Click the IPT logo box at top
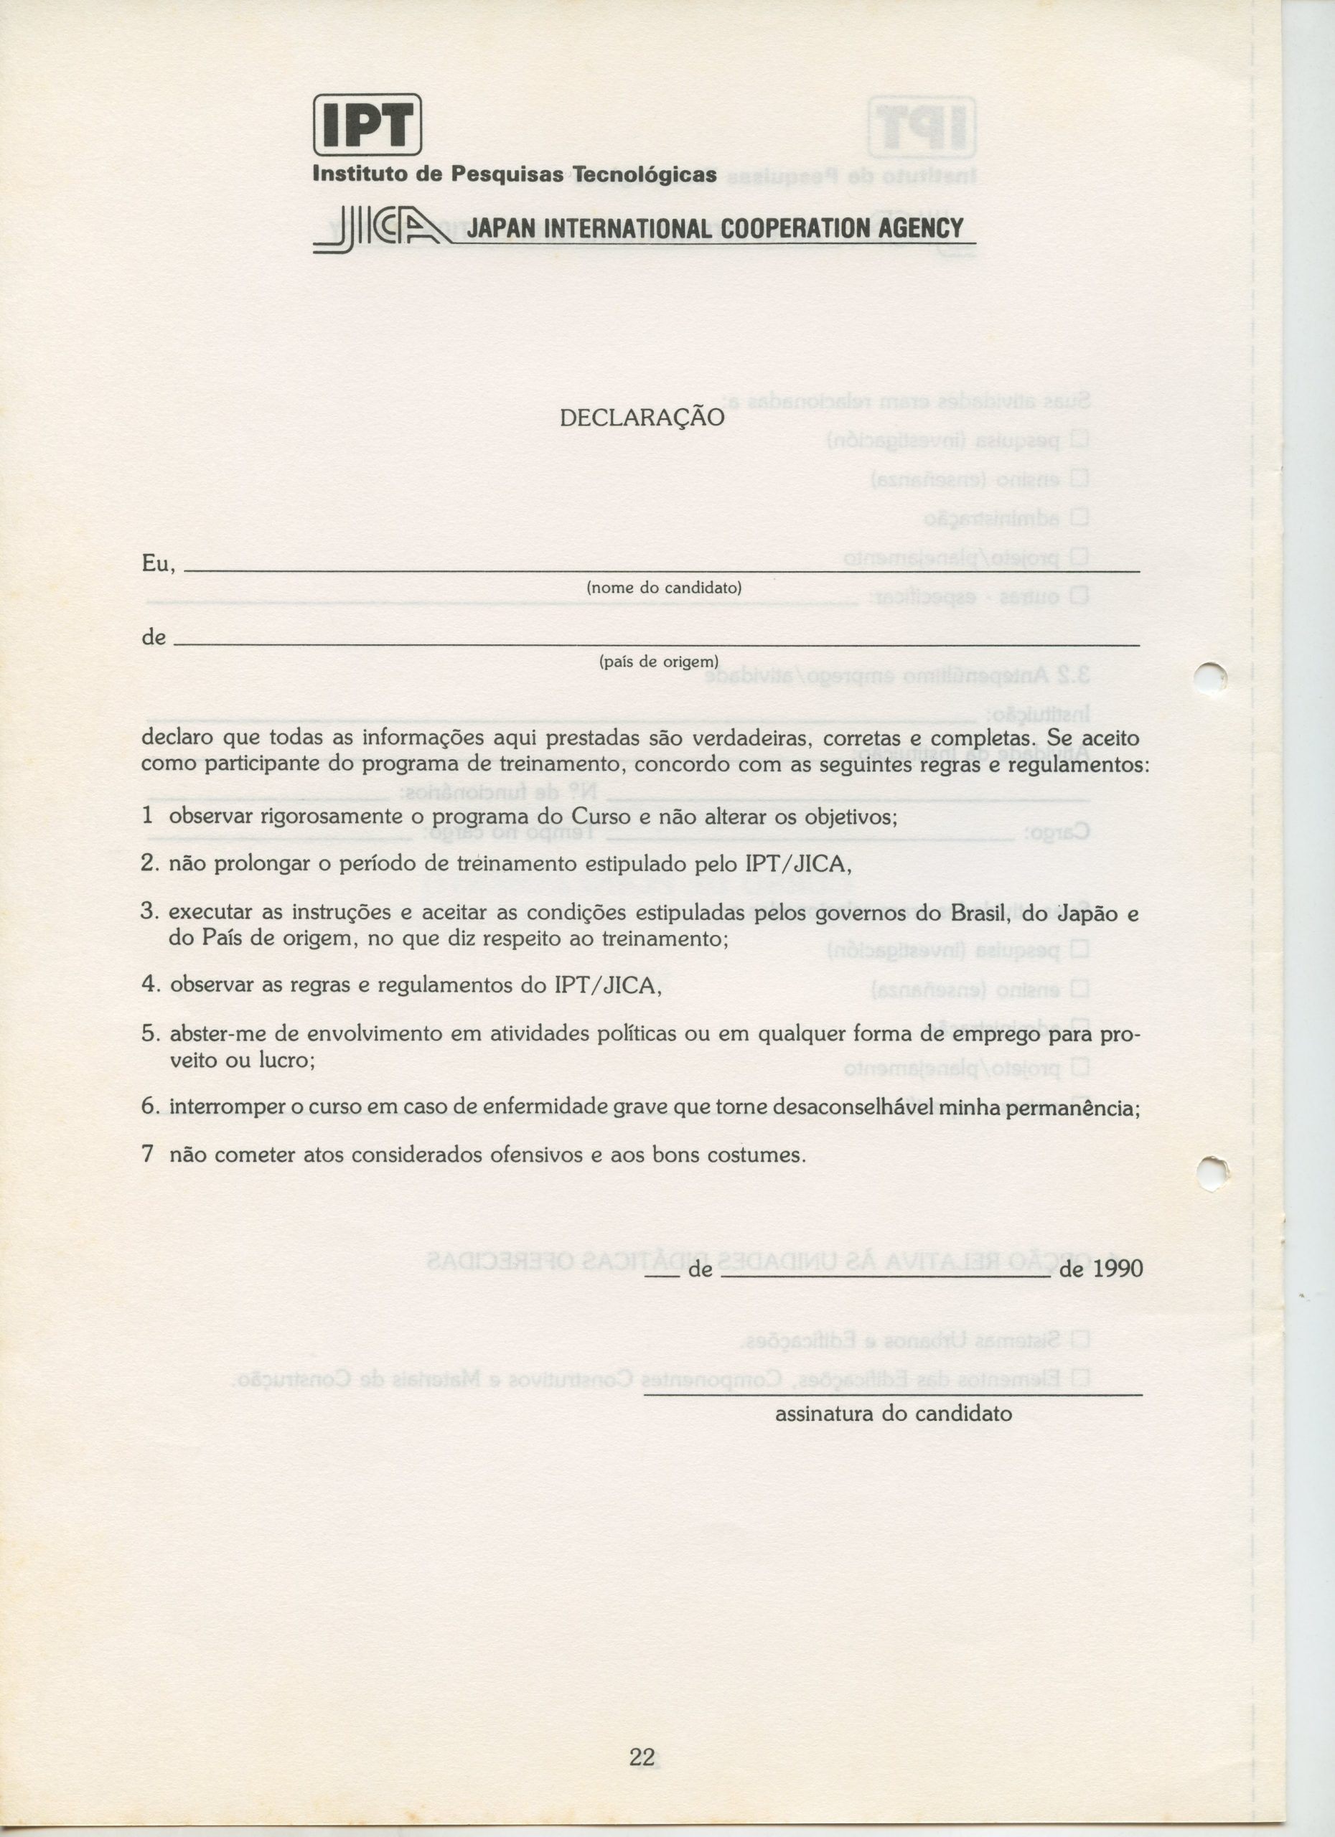click(367, 125)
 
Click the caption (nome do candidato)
click(663, 587)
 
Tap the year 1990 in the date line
click(1118, 1269)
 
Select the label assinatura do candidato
click(894, 1414)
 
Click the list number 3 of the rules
click(146, 912)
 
